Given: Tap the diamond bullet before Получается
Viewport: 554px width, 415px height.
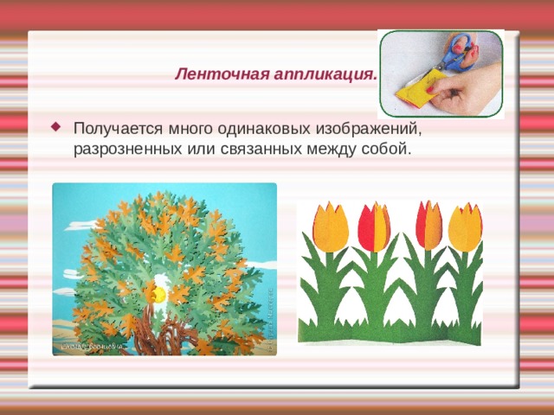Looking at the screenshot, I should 57,127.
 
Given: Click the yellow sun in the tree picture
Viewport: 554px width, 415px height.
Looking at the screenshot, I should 158,295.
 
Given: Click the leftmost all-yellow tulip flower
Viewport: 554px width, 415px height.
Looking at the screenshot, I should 329,227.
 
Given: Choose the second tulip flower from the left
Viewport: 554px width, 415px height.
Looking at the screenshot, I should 374,226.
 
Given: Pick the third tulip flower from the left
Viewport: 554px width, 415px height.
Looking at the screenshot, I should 428,224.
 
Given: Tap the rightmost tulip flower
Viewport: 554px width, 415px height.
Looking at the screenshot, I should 465,226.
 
